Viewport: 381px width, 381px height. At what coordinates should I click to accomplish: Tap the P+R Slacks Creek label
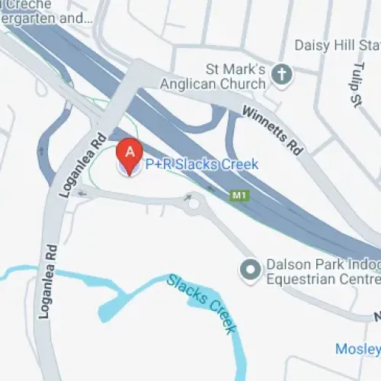coord(201,164)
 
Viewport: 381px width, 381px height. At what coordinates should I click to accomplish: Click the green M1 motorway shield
coord(239,196)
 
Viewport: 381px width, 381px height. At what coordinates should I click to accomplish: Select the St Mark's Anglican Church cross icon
coord(282,75)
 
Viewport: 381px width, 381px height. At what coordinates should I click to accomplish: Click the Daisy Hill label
coord(335,45)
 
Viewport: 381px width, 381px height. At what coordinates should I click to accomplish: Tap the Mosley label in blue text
coord(357,349)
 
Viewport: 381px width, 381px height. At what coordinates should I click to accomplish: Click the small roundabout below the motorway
coord(194,203)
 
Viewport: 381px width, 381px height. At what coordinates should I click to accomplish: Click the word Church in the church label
coord(243,82)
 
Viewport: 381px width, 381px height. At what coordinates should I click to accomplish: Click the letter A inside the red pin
coord(130,150)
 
